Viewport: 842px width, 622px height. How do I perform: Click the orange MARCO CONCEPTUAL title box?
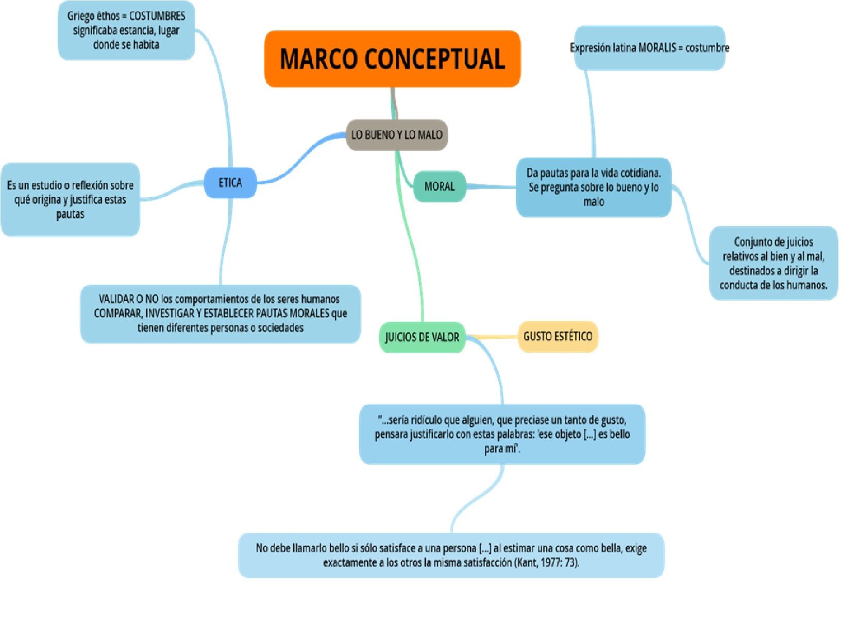tap(392, 59)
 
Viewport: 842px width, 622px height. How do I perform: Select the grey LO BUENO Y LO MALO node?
tap(396, 135)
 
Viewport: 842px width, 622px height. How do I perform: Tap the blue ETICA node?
tap(230, 183)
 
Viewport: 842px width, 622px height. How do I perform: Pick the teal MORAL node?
tap(439, 186)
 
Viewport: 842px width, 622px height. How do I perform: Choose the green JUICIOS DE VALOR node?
tap(422, 337)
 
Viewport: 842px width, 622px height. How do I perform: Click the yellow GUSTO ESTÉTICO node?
tap(558, 336)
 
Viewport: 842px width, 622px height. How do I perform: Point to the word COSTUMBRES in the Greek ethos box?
tap(157, 16)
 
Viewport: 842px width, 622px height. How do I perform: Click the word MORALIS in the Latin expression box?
tap(657, 48)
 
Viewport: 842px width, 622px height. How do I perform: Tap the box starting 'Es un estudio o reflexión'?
tap(70, 200)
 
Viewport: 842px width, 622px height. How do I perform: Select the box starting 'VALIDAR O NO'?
tap(221, 314)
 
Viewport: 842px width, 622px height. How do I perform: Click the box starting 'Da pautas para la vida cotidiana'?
tap(593, 187)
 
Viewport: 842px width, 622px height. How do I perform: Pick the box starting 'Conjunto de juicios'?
tap(773, 263)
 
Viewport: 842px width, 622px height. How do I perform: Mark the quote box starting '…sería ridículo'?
tap(502, 434)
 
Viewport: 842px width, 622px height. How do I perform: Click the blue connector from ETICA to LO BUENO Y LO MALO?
tap(304, 157)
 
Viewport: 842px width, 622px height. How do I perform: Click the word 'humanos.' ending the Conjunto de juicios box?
tap(806, 285)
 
